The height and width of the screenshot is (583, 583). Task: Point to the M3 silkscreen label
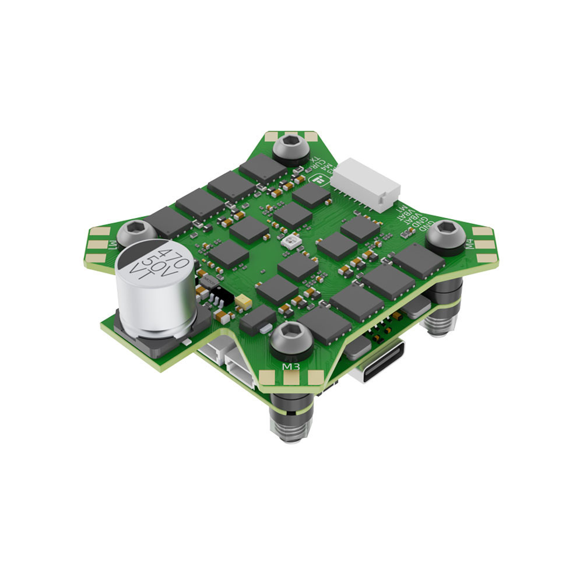pos(291,366)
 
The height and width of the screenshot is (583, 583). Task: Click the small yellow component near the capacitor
pos(244,303)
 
